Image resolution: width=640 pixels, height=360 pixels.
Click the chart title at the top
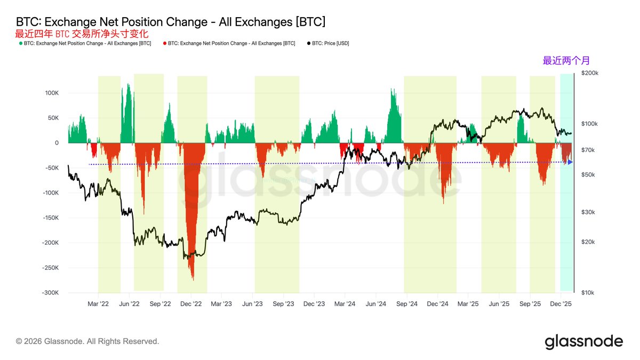171,22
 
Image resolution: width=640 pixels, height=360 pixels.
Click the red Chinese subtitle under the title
82,33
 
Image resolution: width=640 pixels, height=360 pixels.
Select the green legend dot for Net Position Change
20,43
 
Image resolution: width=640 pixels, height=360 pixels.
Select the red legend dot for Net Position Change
164,43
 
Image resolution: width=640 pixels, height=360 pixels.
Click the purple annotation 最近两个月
566,61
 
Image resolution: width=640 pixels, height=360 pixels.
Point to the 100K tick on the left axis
51,93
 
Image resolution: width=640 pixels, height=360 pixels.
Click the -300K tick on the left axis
50,293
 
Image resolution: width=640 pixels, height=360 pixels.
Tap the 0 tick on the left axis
56,143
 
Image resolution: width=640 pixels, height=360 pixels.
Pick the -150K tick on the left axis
50,218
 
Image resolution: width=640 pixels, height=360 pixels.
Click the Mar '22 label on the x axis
98,303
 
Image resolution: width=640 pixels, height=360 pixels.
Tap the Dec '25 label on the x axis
561,303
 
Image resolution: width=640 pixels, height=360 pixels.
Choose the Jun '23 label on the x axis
252,303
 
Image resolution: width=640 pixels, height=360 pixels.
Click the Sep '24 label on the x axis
407,303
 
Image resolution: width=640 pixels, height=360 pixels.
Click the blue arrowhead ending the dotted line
570,162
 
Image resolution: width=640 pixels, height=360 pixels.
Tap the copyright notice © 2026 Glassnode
87,341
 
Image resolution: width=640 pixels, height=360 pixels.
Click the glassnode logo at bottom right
583,341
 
